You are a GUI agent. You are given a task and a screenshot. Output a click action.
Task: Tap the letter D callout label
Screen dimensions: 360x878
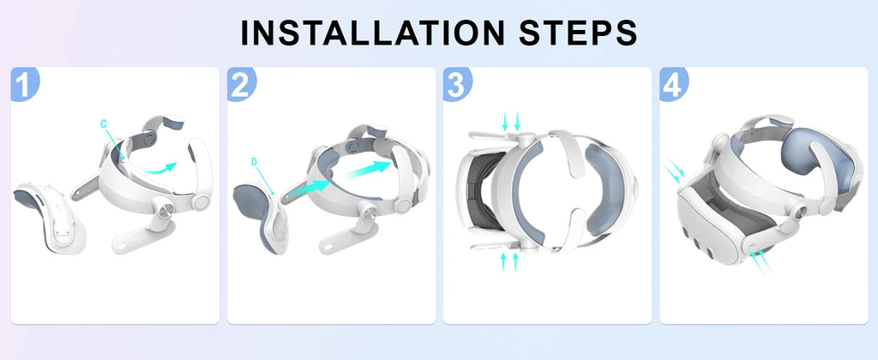point(255,161)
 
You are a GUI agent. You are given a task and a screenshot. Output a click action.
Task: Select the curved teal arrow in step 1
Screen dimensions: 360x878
point(159,169)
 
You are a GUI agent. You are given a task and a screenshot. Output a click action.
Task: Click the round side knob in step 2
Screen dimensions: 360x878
point(400,207)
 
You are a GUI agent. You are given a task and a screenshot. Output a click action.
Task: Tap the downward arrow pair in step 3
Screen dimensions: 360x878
point(511,121)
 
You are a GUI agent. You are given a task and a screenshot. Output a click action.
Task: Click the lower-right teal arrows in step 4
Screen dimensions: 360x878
point(760,265)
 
